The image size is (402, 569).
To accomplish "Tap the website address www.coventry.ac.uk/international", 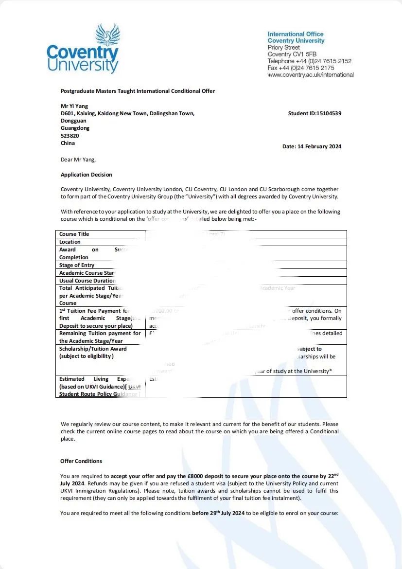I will (311, 75).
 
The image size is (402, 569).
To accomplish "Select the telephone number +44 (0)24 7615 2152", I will (323, 61).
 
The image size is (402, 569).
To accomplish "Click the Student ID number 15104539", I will (329, 113).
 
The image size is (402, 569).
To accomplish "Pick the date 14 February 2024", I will (323, 146).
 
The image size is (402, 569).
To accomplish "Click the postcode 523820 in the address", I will (70, 136).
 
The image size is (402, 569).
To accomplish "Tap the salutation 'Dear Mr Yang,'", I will (78, 159).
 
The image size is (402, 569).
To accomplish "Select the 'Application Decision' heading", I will (86, 175).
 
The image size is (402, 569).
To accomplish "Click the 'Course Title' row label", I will (74, 234).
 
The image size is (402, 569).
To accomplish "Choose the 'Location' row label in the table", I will (70, 242).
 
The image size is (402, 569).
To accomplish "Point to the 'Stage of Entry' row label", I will (77, 265).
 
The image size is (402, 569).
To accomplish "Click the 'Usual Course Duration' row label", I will (87, 281).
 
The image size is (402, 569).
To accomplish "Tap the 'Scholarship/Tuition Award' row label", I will (93, 349).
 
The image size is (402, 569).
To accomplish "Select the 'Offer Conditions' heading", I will (81, 461).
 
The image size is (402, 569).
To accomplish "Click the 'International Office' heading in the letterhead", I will (296, 34).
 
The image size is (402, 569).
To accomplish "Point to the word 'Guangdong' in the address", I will (75, 128).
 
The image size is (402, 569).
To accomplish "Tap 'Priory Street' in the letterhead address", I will (284, 48).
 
